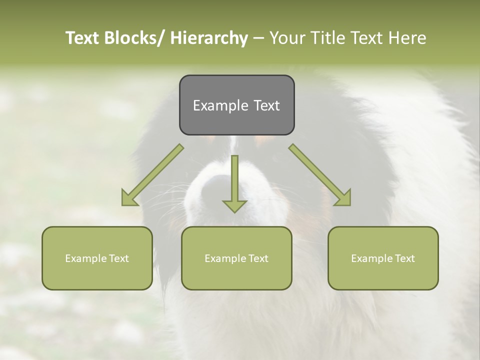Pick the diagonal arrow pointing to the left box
pos(152,175)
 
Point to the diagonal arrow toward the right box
pos(320,175)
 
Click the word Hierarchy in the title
pos(208,38)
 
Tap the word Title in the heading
pos(329,38)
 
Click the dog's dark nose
pos(217,187)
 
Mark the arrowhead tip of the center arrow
pos(234,212)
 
